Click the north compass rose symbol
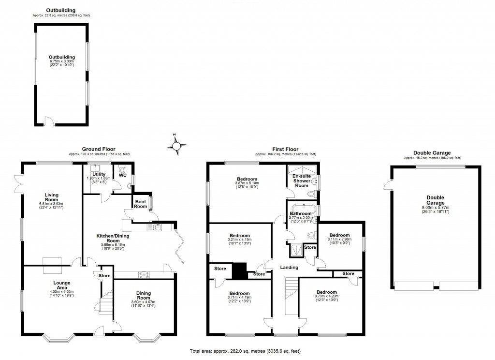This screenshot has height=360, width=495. (177, 145)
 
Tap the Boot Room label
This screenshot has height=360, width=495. (141, 204)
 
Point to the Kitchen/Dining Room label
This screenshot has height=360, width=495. (114, 238)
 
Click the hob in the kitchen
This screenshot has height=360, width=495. (144, 275)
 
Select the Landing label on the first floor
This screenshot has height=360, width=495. (289, 268)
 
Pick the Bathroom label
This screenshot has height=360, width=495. (300, 213)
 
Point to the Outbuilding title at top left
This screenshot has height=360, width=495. (61, 10)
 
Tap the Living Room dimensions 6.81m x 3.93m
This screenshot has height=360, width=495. (52, 204)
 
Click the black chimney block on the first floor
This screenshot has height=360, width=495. (239, 270)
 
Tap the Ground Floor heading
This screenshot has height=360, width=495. (99, 149)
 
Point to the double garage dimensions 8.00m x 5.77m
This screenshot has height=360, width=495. (435, 207)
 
